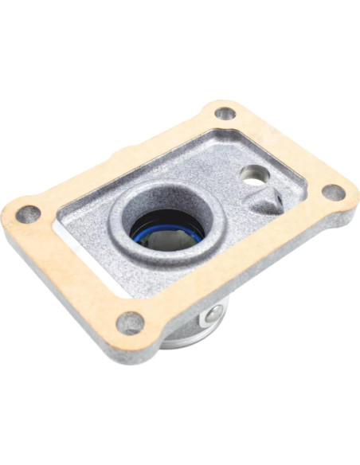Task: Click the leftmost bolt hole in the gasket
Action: (29, 213)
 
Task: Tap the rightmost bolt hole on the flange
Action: (335, 193)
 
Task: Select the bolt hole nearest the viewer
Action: (131, 322)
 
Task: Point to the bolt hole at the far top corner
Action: (225, 114)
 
